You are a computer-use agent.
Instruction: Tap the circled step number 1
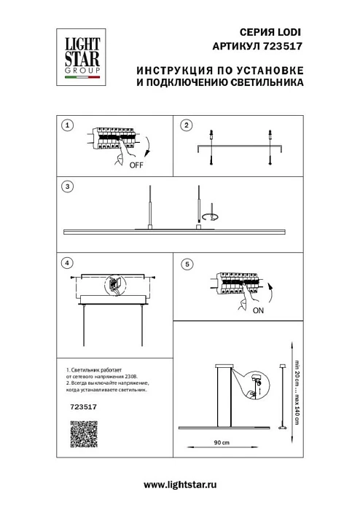67,125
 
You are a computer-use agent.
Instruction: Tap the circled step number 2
186,125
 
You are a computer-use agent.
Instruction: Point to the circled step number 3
67,187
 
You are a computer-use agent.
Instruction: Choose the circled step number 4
67,262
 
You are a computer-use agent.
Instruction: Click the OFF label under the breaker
136,165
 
